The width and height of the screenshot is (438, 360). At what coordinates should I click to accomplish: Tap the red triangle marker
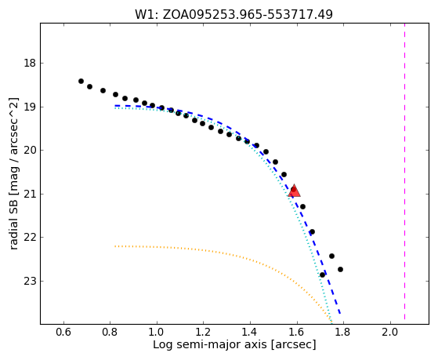[294, 191]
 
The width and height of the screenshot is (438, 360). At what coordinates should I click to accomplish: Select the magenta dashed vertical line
[404, 171]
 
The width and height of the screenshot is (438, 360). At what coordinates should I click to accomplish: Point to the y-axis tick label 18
[31, 64]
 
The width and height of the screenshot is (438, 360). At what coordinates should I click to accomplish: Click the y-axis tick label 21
[31, 194]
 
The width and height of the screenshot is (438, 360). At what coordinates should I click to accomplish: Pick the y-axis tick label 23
[31, 281]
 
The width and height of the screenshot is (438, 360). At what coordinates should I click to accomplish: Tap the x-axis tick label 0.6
[63, 332]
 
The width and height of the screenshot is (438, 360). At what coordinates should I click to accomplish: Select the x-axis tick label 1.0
[157, 332]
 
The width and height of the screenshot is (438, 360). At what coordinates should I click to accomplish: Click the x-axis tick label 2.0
[389, 332]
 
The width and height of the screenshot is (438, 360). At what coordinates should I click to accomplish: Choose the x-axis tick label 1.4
[250, 332]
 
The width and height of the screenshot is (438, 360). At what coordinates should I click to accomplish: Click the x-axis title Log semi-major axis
[210, 345]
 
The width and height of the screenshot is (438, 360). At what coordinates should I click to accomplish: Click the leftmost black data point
[81, 81]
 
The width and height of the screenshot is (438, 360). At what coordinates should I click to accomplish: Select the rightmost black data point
[340, 269]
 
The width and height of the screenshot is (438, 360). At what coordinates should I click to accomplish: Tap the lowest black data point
[322, 275]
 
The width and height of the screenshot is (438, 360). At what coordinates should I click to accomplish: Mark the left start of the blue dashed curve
[115, 106]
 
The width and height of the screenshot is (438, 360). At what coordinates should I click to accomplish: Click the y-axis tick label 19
[31, 107]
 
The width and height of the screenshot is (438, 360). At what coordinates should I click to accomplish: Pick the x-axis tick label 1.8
[343, 332]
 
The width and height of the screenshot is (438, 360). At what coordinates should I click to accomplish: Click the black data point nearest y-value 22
[313, 231]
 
